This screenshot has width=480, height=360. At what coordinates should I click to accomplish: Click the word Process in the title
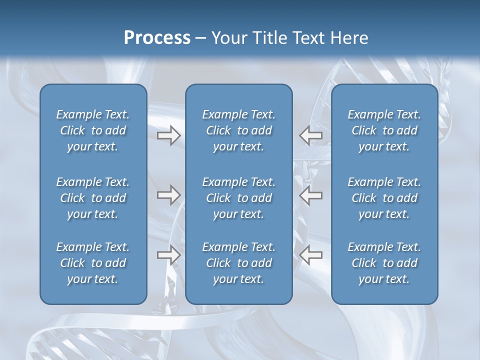tap(157, 38)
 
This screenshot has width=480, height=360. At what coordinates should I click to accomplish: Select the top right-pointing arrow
tap(169, 135)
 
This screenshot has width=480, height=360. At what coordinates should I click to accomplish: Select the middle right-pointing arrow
tap(169, 195)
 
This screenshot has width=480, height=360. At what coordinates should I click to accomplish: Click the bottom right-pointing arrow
tap(169, 255)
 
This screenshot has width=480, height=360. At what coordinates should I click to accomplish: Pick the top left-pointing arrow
tap(311, 135)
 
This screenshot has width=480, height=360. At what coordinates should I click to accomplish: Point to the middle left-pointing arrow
tap(311, 195)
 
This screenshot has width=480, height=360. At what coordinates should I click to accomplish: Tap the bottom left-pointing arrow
tap(311, 255)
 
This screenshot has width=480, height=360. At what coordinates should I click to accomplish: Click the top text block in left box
tap(93, 130)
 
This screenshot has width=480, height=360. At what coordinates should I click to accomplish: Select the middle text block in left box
tap(93, 198)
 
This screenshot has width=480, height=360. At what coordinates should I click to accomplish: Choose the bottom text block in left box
tap(93, 263)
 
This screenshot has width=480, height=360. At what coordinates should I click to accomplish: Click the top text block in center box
tap(239, 130)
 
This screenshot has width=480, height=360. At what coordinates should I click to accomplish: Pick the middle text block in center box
tap(239, 198)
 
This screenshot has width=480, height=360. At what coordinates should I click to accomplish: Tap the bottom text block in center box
tap(239, 263)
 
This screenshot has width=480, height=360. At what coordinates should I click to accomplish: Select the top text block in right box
tap(384, 130)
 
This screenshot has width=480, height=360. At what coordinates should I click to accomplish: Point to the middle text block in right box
tap(384, 198)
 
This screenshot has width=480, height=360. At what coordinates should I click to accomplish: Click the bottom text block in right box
tap(384, 263)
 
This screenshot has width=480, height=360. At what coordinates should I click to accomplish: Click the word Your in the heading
tap(227, 38)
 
